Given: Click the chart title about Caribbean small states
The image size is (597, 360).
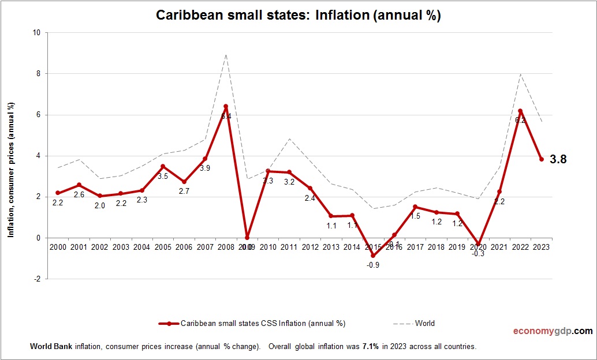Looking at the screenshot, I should click(298, 16).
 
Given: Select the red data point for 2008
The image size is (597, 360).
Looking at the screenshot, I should click(226, 106).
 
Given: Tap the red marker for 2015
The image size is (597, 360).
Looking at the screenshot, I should click(372, 256).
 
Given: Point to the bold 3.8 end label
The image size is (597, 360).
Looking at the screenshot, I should click(558, 159).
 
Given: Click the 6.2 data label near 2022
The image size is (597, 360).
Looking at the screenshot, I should click(520, 120).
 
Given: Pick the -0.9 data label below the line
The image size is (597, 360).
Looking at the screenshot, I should click(372, 265).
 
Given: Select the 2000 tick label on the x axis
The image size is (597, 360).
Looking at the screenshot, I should click(58, 247).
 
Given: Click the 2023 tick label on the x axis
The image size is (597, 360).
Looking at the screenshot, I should click(542, 247).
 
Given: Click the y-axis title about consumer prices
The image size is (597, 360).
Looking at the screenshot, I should click(11, 170).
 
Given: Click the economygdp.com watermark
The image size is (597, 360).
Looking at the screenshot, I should click(553, 331).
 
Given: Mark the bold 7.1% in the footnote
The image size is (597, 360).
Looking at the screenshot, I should click(371, 347).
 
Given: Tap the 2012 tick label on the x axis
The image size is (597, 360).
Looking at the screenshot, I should click(310, 247).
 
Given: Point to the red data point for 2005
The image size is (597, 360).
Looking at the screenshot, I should click(163, 166).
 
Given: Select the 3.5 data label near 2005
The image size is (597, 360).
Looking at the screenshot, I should click(163, 176).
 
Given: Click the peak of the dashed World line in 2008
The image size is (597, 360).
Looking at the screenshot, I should click(226, 54).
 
